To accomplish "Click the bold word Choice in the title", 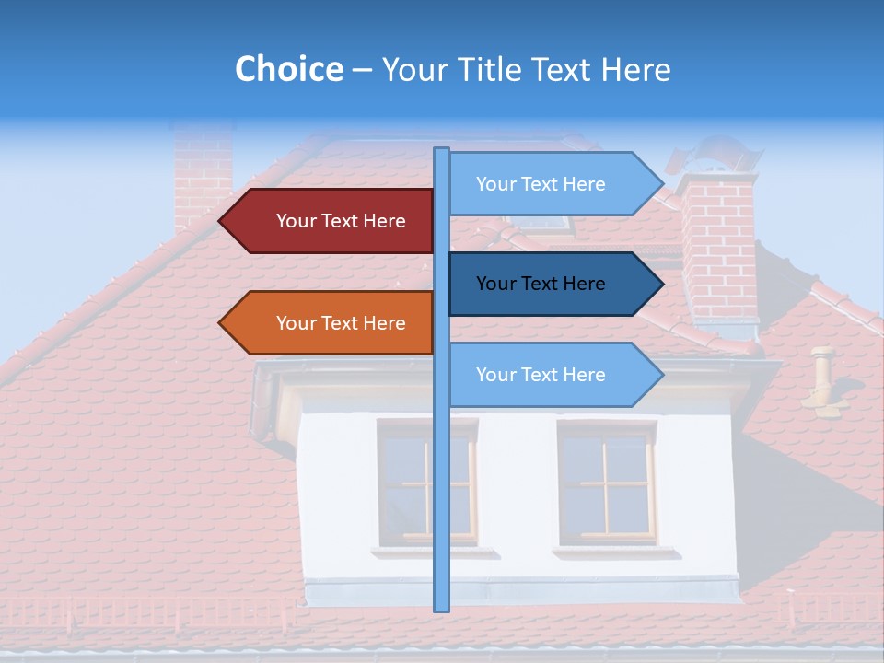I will tap(288, 70).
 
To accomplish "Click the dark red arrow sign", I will tap(327, 221).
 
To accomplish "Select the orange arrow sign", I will tap(327, 323).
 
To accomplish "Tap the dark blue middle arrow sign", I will tap(552, 284).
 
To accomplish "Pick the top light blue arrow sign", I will tap(552, 184).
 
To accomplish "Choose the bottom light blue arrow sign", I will tap(552, 375).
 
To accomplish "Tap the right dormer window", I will tap(607, 483).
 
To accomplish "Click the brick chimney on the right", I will tap(718, 249).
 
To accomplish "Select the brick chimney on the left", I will tap(203, 175).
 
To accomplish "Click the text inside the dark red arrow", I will tap(341, 221).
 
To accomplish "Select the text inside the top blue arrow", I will tap(541, 184).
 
